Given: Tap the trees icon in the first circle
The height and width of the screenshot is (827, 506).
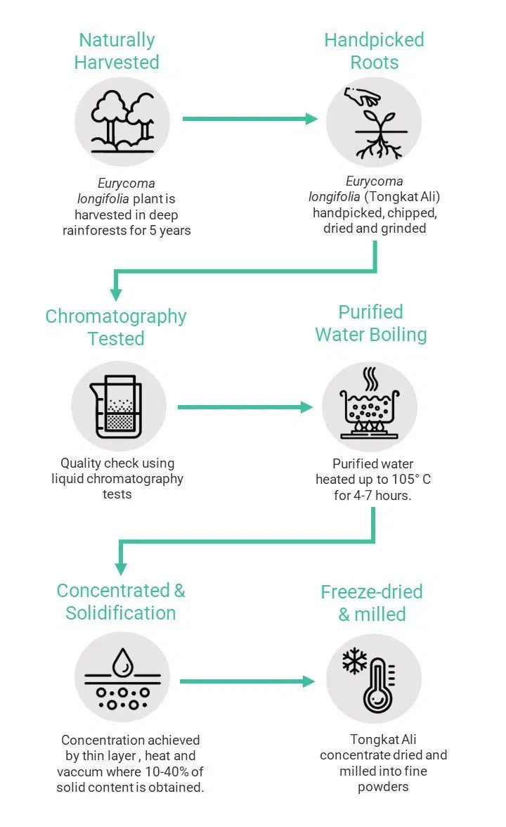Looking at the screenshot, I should (122, 121).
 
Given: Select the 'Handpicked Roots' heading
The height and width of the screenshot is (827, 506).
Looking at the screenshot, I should (374, 51).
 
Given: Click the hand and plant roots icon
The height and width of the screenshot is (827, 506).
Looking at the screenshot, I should (373, 122).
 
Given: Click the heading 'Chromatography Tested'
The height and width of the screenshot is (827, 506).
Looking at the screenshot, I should (116, 327).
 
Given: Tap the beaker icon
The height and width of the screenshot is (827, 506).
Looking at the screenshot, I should (118, 407).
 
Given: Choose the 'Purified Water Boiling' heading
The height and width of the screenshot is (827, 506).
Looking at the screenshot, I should (370, 323).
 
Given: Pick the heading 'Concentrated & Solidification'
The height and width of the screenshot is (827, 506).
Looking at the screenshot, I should (121, 601).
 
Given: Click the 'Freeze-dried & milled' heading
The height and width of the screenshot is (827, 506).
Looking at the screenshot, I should (372, 603).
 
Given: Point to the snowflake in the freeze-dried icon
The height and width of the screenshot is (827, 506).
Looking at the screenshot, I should (354, 661).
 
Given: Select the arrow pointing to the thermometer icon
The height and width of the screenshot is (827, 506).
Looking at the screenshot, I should (246, 681).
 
